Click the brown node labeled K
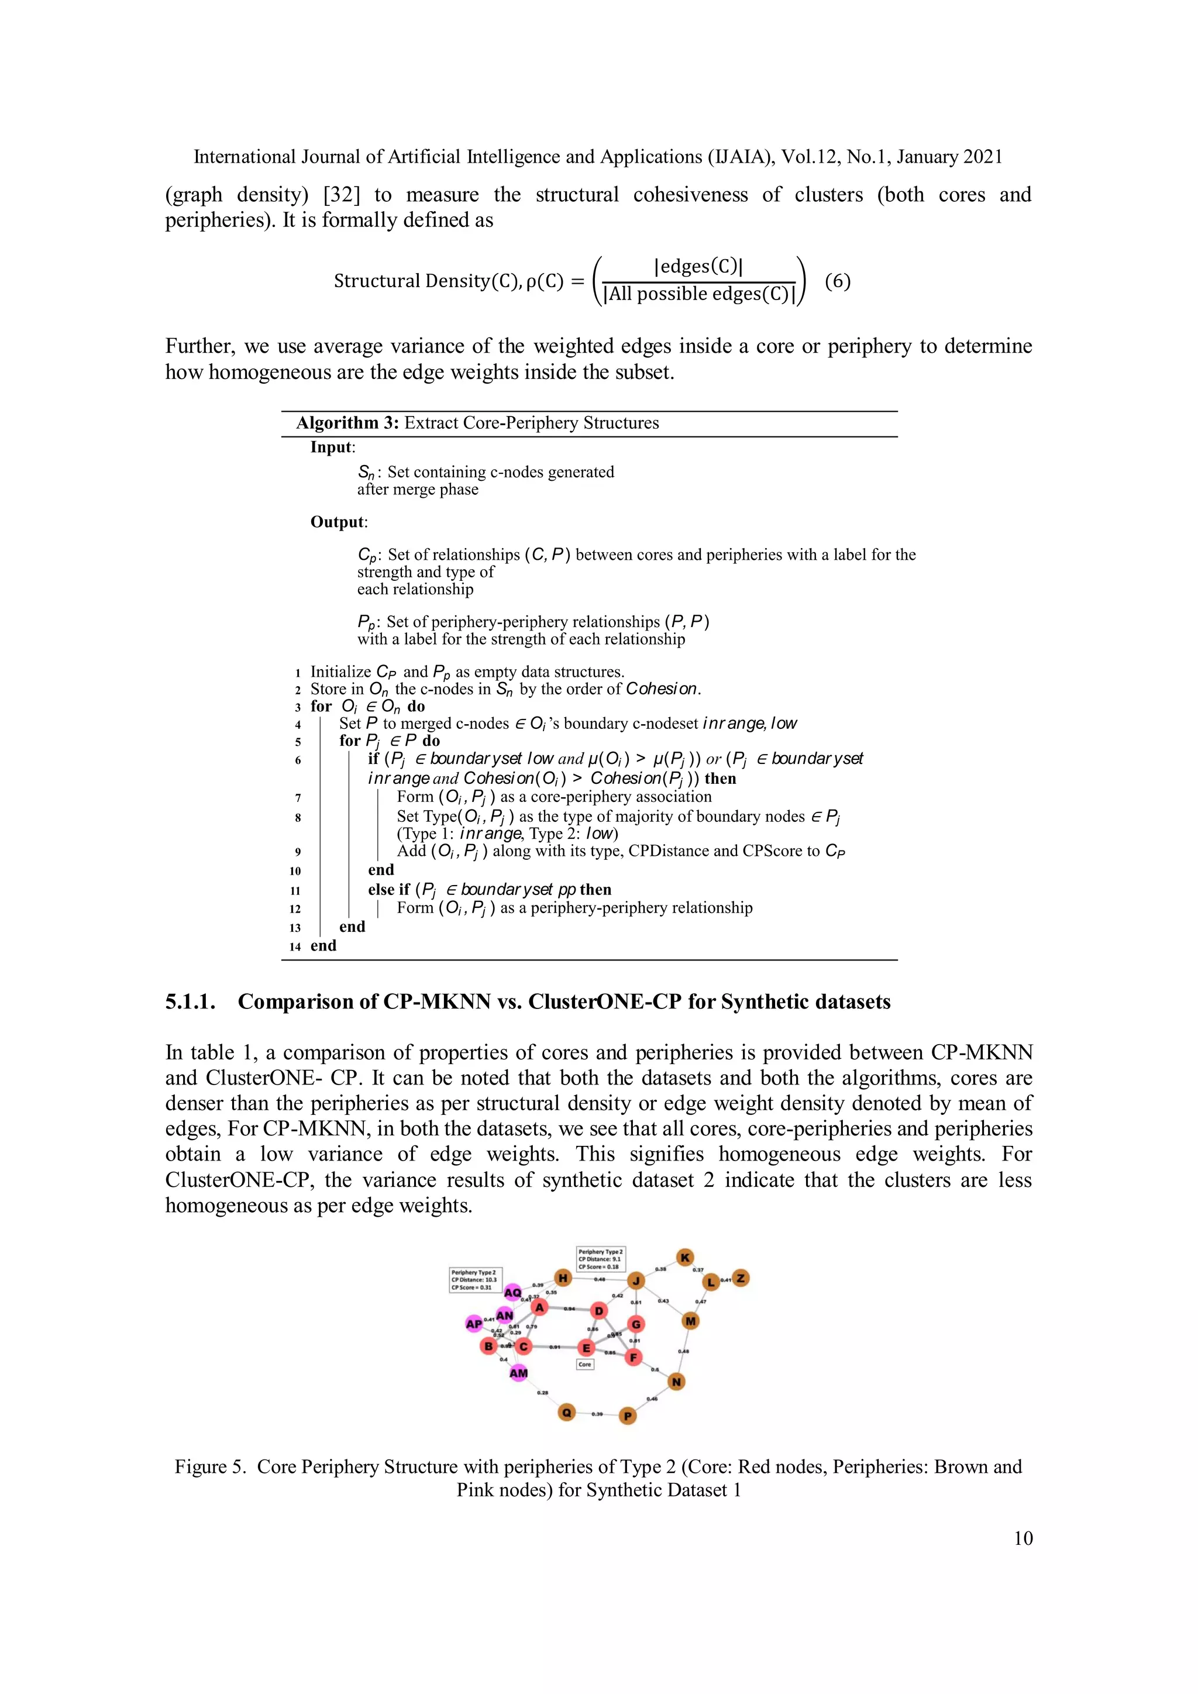coord(686,1257)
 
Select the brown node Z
coord(741,1278)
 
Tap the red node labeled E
coord(587,1348)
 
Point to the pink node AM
coord(519,1373)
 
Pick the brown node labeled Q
coord(567,1412)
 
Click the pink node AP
coord(474,1324)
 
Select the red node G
coord(636,1324)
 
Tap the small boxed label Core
coord(585,1364)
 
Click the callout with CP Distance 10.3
coord(475,1280)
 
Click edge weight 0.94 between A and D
coord(570,1309)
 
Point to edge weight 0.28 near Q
coord(543,1392)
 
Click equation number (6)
coord(837,281)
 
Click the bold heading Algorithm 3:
coord(347,423)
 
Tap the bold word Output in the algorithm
coord(337,522)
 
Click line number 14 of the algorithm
coord(295,946)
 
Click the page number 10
coord(1023,1538)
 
